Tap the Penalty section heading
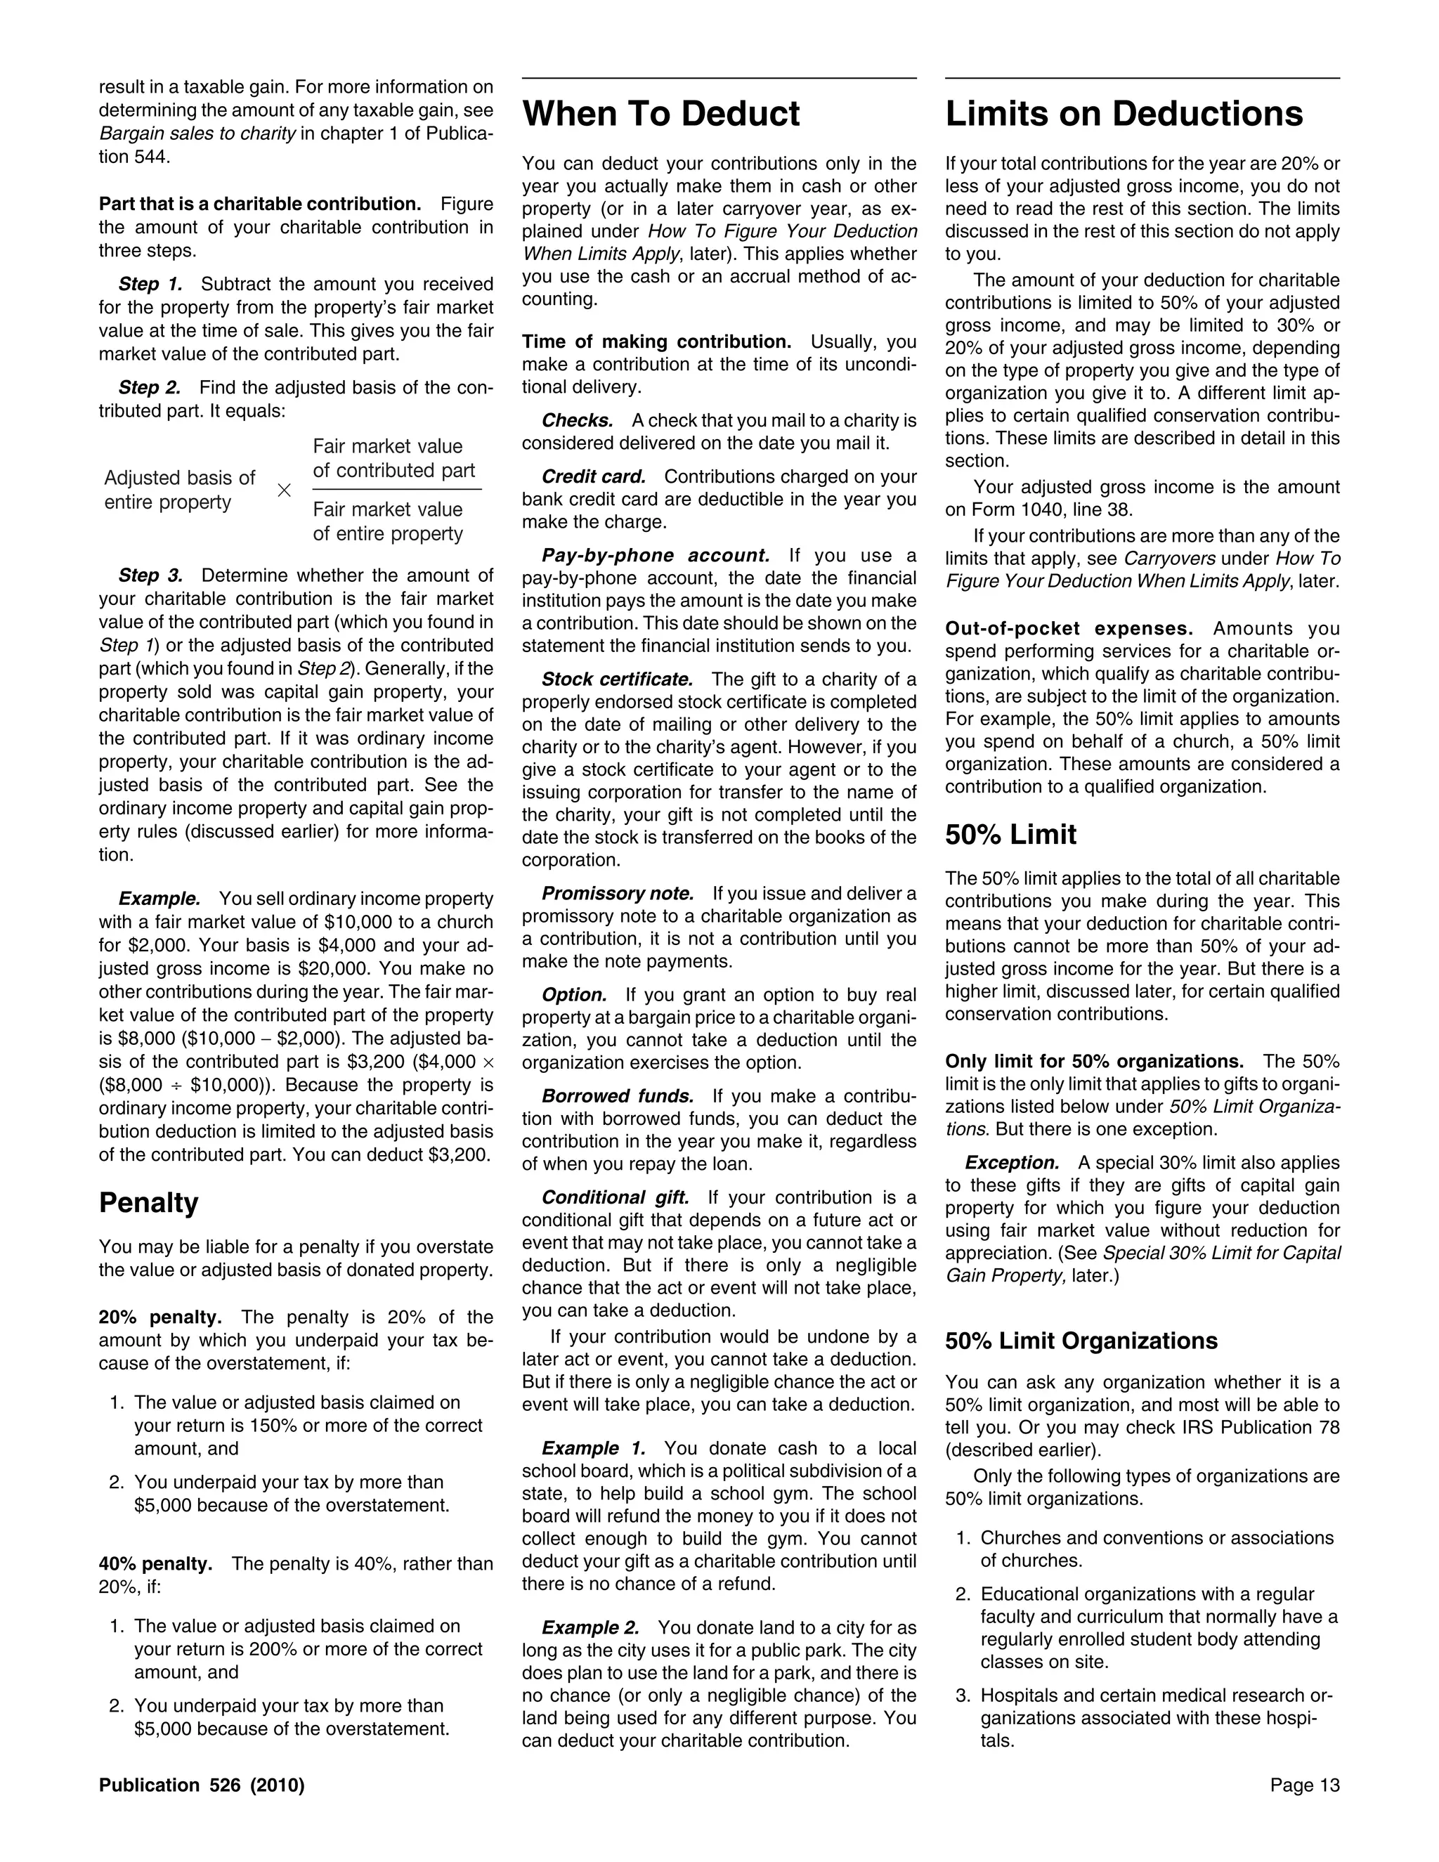point(148,1202)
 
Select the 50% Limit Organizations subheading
point(1081,1341)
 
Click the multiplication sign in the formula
point(284,490)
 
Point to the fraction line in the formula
point(396,489)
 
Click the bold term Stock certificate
point(617,679)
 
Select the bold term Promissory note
point(617,894)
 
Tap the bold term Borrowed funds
point(617,1095)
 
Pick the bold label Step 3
point(150,575)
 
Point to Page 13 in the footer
point(1304,1785)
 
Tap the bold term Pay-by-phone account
point(656,556)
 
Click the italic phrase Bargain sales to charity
point(197,133)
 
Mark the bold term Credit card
point(593,476)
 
